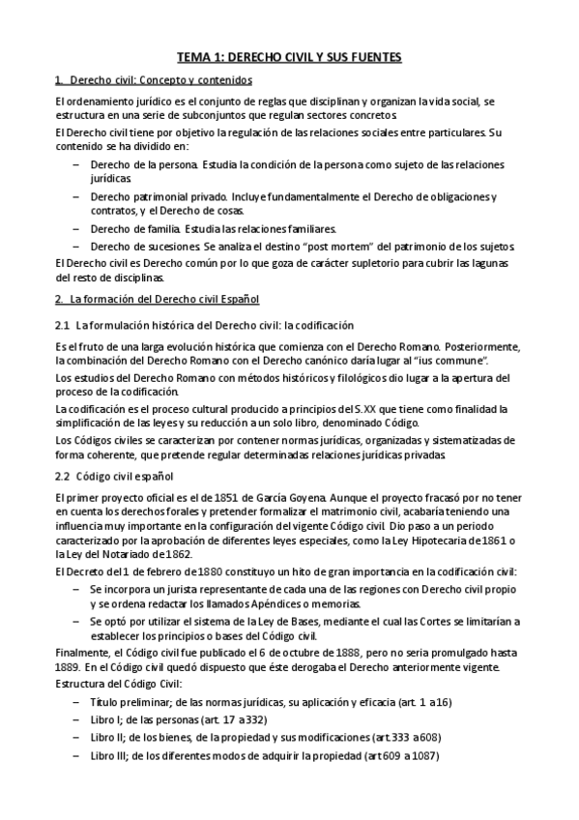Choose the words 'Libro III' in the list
coord(109,756)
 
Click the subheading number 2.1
coord(63,325)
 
